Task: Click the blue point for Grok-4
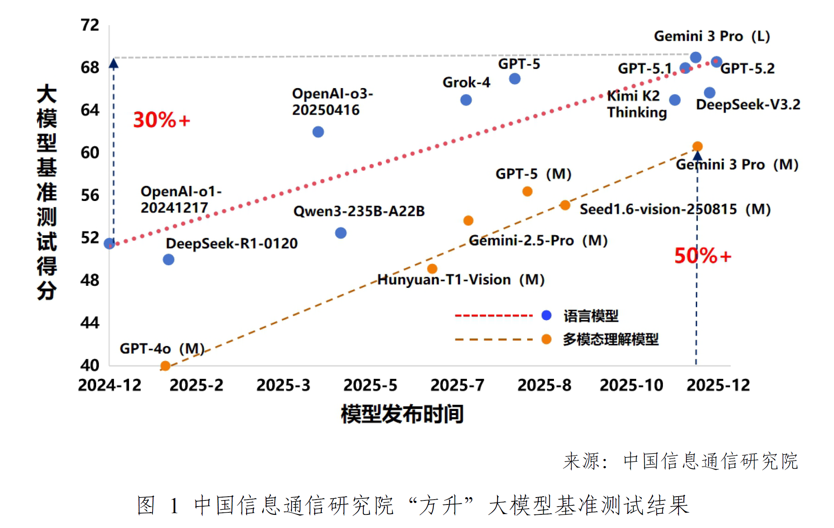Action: tap(466, 100)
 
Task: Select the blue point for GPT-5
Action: tap(514, 79)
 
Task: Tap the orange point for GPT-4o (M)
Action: tap(165, 366)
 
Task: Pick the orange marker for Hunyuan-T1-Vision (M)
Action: tap(432, 269)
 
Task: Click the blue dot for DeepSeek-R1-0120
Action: tap(168, 259)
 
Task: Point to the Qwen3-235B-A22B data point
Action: tap(341, 233)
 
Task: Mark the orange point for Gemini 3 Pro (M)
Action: tap(697, 146)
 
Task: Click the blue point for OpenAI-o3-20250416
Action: tap(318, 132)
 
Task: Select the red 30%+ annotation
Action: tap(161, 120)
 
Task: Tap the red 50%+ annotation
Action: tap(702, 256)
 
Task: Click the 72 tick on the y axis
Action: tap(90, 25)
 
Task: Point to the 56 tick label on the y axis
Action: tap(90, 195)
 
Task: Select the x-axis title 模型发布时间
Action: tap(402, 414)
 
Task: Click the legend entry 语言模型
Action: tap(591, 316)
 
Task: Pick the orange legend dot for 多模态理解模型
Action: tap(546, 339)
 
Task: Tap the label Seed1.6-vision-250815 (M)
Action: tap(675, 209)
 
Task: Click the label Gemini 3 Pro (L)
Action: tap(712, 36)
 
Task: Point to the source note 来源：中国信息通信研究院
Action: tap(681, 461)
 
